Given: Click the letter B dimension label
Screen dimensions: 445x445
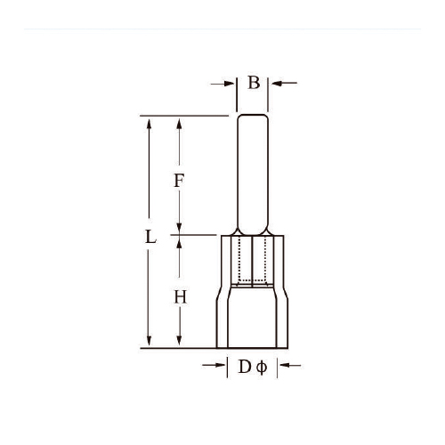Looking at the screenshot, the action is click(x=254, y=83).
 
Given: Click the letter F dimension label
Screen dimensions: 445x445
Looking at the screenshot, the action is click(x=179, y=181).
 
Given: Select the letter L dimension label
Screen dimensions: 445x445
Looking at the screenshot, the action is click(x=150, y=237).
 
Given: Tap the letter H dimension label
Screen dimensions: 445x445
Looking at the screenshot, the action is click(x=180, y=297).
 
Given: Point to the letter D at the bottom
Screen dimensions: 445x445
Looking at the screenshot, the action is click(x=245, y=367).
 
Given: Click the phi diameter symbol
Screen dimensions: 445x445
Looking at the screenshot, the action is click(x=262, y=368).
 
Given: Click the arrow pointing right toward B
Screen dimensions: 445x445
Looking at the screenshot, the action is click(x=222, y=84).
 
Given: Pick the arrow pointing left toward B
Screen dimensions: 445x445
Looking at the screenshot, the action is click(x=284, y=83).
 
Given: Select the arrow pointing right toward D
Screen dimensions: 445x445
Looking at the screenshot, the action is click(x=214, y=365).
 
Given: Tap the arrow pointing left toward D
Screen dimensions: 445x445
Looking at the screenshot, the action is click(x=290, y=366).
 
